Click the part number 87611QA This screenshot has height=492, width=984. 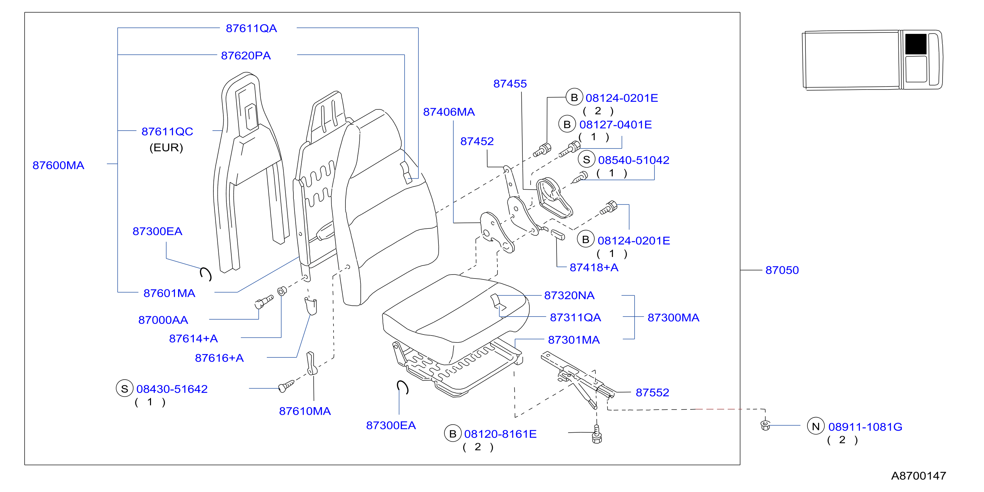coord(251,28)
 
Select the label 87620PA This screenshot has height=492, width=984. coord(246,56)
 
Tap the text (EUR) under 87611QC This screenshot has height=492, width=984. coord(166,148)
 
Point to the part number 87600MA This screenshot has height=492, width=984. coord(58,165)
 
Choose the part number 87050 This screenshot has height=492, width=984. coord(782,270)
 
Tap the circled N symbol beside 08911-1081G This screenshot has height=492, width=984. coord(815,426)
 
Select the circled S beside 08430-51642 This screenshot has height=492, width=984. coord(124,389)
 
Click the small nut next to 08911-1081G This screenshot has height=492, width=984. coord(765,425)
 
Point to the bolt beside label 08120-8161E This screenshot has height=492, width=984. coord(597,435)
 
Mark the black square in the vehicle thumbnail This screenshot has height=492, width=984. coord(916,44)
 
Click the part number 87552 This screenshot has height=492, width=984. coord(652,393)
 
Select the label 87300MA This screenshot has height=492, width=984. coord(673,318)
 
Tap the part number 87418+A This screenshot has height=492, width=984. coord(594,268)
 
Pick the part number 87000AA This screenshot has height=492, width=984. coord(163,320)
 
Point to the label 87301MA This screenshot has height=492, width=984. coord(574,340)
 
